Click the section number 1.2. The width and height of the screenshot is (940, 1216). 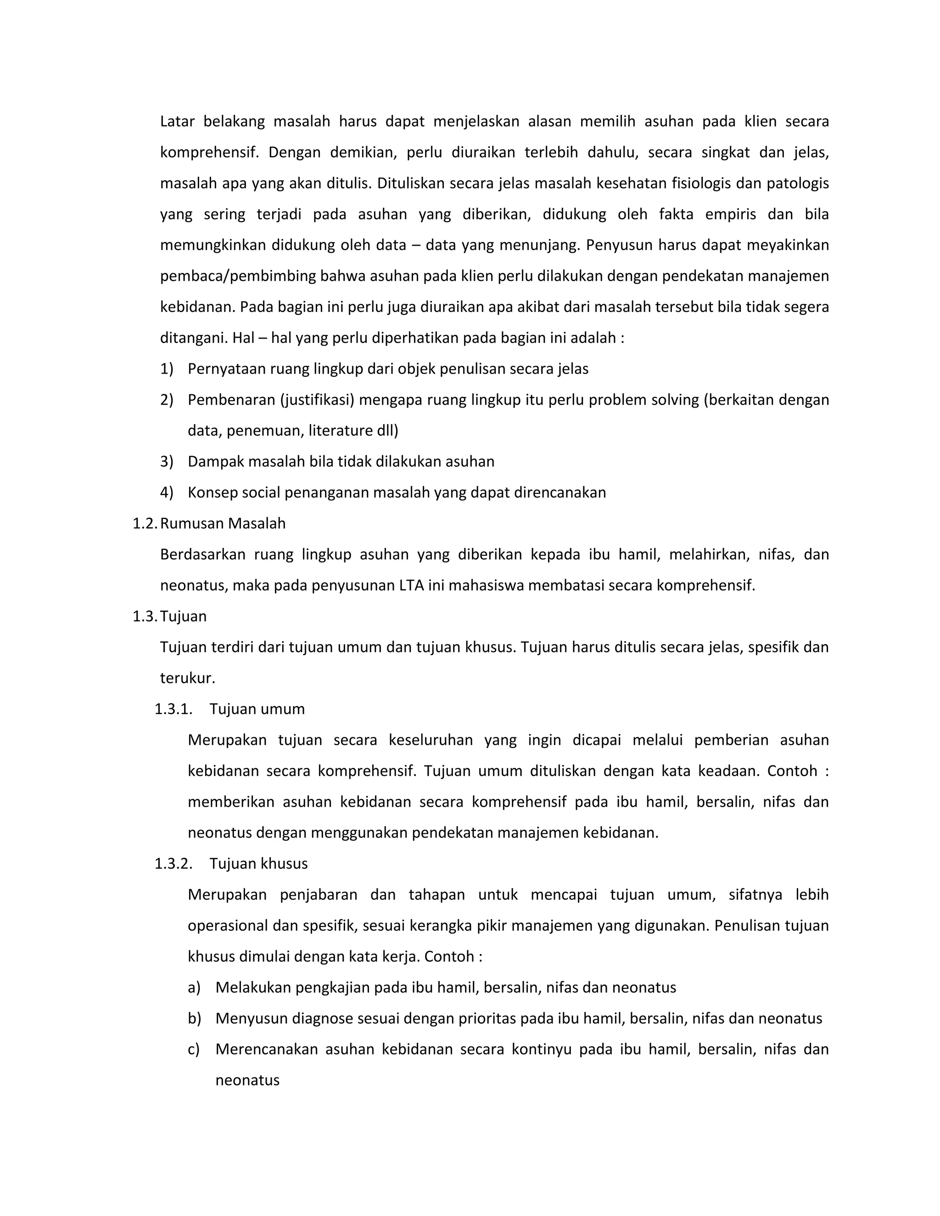(x=145, y=524)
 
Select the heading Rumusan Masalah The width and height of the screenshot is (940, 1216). (x=223, y=524)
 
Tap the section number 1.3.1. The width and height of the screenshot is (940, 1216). (x=173, y=709)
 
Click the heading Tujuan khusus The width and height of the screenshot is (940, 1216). (x=258, y=864)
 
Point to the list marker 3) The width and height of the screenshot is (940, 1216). (x=167, y=462)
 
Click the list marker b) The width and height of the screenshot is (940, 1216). (x=194, y=1018)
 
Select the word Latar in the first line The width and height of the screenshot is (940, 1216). (x=177, y=122)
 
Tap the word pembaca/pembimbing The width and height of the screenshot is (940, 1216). (x=238, y=276)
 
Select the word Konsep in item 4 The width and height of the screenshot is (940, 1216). (x=211, y=493)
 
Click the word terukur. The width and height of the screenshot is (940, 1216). (x=187, y=678)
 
